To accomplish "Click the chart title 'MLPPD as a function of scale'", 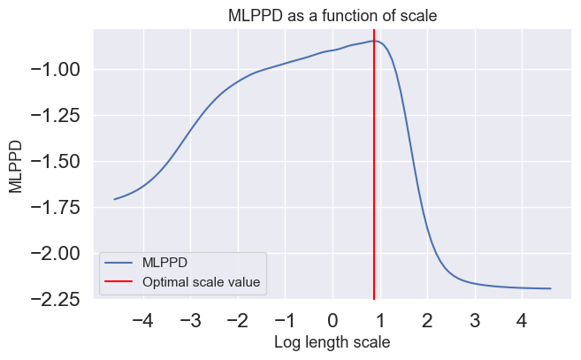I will (333, 16).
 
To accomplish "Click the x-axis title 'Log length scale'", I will (333, 341).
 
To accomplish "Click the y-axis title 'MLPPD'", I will (15, 165).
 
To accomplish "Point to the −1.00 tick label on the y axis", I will (54, 69).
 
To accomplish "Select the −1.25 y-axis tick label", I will (54, 115).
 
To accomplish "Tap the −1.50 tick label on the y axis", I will (54, 161).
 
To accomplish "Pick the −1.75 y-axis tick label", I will (54, 207).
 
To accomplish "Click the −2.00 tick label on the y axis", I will (54, 253).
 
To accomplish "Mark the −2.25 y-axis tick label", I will (54, 299).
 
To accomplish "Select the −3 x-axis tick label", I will (190, 319).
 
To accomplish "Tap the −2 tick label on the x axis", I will (238, 319).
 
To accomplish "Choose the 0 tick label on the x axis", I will (333, 319).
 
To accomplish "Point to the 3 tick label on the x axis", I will (475, 319).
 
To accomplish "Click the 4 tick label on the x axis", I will (522, 319).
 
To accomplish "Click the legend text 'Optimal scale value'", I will (202, 283).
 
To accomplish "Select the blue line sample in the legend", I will (119, 264).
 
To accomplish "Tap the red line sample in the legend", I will (119, 283).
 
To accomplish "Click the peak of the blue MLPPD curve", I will (375, 41).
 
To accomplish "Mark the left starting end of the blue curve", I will (115, 199).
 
